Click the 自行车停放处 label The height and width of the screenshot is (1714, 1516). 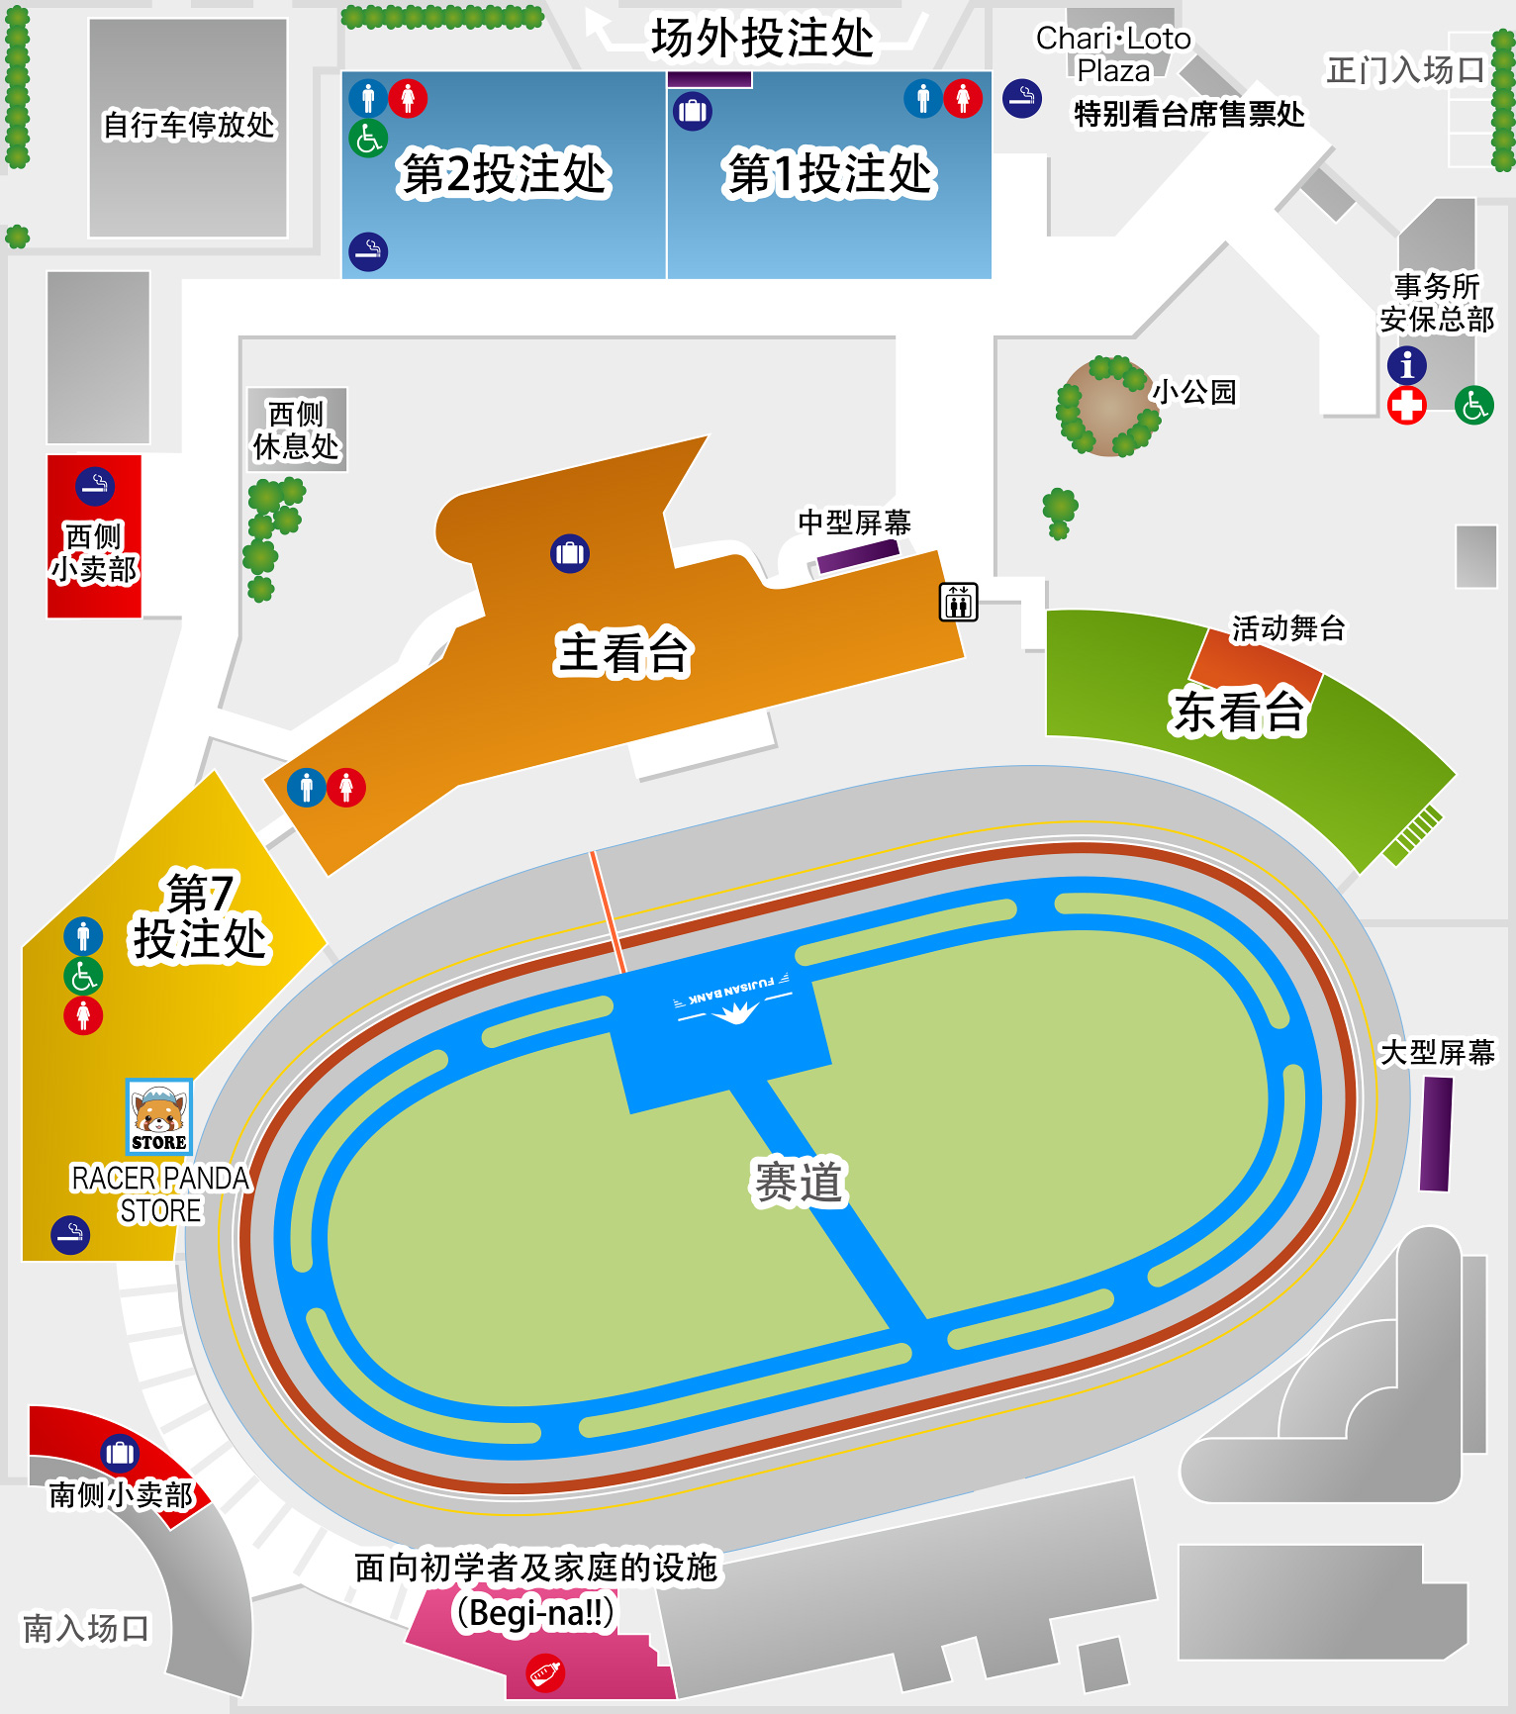pos(189,126)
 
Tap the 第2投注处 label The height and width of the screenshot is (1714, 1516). pos(504,174)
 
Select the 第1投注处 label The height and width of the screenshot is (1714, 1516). pos(829,174)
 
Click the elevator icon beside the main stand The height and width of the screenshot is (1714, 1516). pos(958,602)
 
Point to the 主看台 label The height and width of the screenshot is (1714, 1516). pos(622,653)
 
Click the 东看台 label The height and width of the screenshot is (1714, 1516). pos(1238,712)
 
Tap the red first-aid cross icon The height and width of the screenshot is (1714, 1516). pos(1406,405)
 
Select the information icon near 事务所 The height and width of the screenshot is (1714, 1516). pos(1406,365)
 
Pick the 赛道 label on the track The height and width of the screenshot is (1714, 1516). pos(798,1183)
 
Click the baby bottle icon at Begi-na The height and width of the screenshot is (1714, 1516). pos(545,1673)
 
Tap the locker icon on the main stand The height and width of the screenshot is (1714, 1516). pos(570,553)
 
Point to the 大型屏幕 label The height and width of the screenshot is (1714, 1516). pos(1437,1052)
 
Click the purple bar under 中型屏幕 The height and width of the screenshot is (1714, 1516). pos(857,556)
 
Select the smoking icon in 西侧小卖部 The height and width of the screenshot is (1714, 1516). pos(95,486)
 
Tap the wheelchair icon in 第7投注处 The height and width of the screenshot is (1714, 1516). pos(83,976)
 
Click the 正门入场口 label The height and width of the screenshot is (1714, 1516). pos(1405,70)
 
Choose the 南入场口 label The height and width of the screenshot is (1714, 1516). pos(86,1628)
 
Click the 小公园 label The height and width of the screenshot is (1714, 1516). pos(1194,392)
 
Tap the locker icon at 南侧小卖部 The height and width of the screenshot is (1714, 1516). pos(120,1453)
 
